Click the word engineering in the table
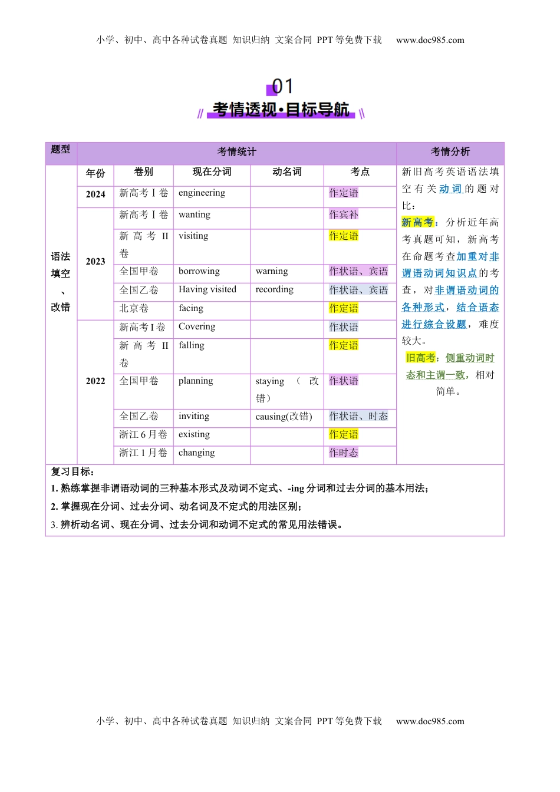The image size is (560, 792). click(x=202, y=193)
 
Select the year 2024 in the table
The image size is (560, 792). click(x=95, y=194)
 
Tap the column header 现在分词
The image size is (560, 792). click(x=212, y=172)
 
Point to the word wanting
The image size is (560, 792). click(x=195, y=215)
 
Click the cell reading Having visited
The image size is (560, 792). click(x=207, y=290)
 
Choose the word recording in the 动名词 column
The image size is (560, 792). click(x=274, y=290)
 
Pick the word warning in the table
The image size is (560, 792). click(x=272, y=272)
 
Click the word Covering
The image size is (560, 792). click(x=197, y=327)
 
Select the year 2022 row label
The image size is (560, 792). click(x=95, y=381)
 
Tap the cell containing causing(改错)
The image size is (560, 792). click(x=284, y=417)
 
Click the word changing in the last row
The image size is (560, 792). click(x=197, y=453)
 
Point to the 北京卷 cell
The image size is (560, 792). click(x=134, y=309)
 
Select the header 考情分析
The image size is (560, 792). click(x=450, y=152)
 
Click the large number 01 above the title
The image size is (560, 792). click(x=282, y=87)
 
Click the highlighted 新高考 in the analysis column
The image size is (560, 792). click(x=417, y=223)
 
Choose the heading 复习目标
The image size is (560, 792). click(x=72, y=472)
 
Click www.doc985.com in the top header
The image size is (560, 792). click(x=430, y=41)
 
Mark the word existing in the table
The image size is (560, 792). click(x=194, y=435)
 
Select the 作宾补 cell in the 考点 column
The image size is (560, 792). click(x=344, y=215)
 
